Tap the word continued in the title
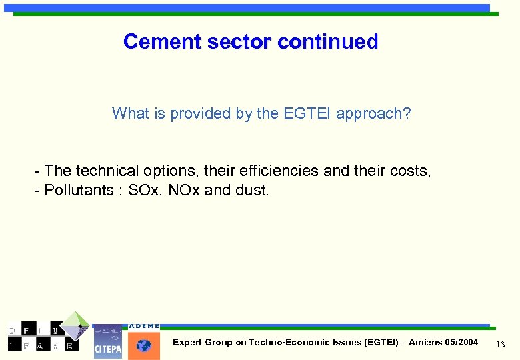point(328,41)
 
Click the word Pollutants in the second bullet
point(78,191)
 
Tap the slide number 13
point(501,343)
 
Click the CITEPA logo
point(107,342)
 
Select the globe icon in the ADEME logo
point(144,345)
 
